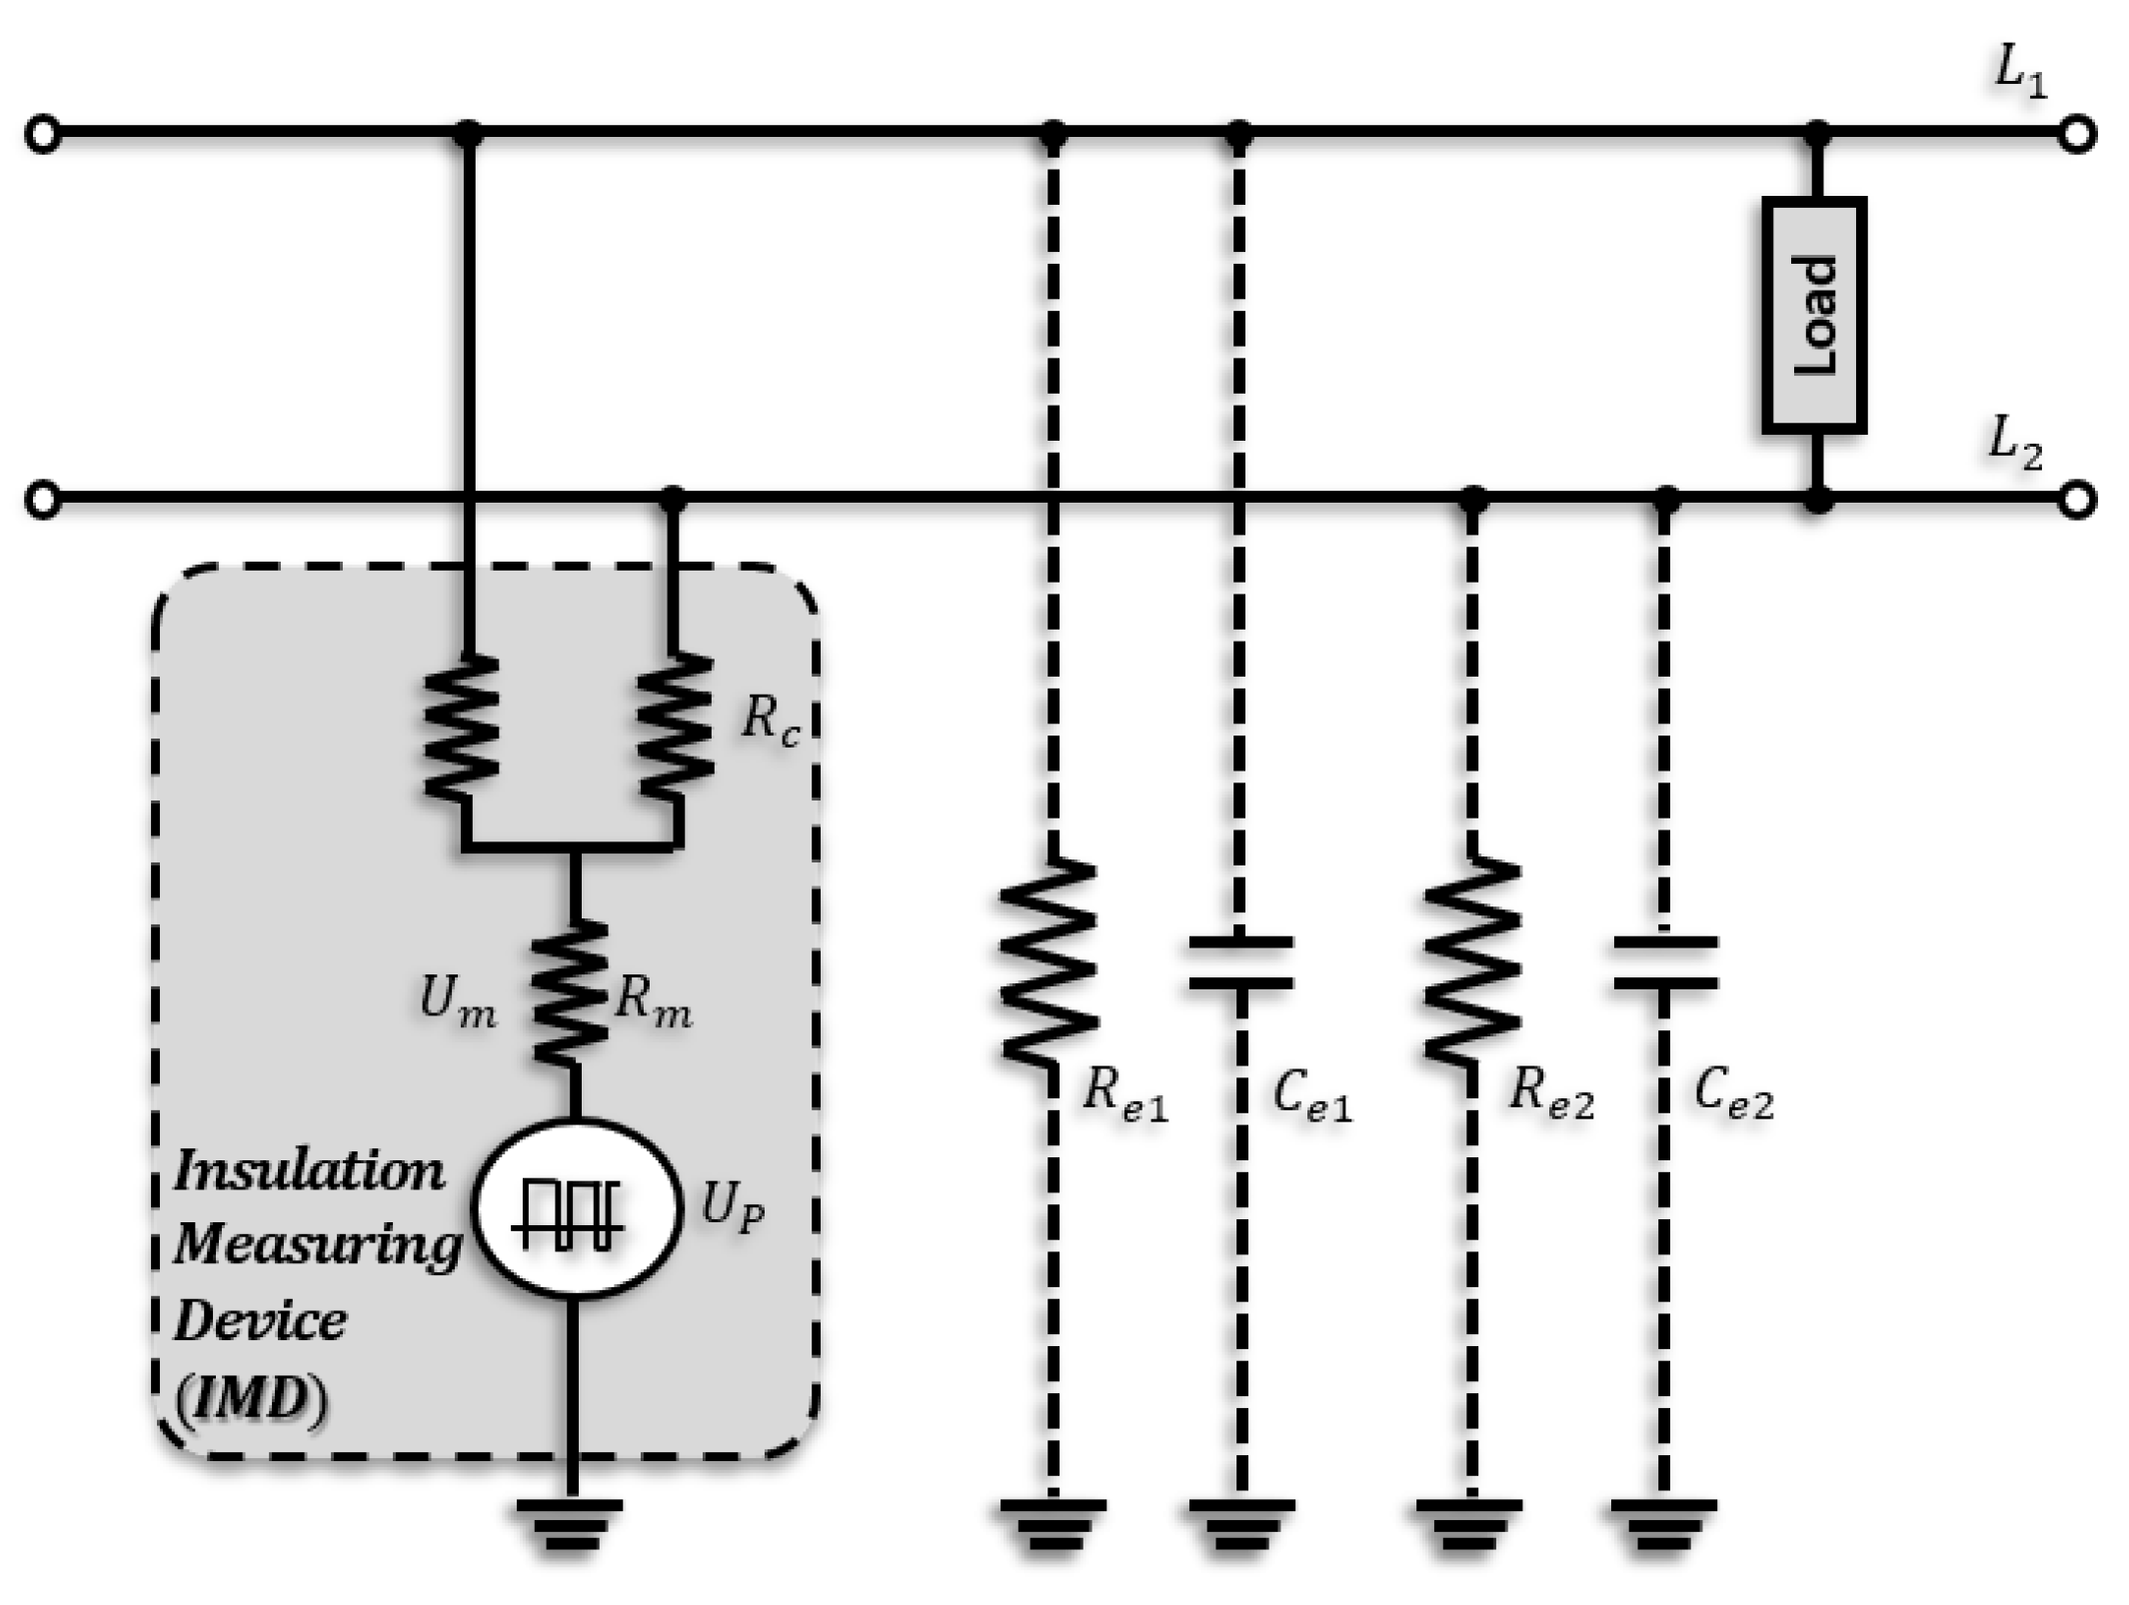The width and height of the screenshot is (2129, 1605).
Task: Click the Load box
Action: [x=1813, y=315]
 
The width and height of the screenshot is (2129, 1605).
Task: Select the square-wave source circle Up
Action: [x=576, y=1209]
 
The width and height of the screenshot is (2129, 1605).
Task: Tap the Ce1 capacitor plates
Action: [x=1240, y=963]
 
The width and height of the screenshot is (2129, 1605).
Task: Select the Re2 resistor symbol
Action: [x=1471, y=961]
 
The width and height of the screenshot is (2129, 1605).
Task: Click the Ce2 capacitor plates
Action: [x=1664, y=963]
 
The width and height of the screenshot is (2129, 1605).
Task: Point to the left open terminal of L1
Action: [x=43, y=134]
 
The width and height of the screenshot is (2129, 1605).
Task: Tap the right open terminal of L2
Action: [x=2077, y=499]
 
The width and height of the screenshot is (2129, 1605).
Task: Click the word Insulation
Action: [x=310, y=1172]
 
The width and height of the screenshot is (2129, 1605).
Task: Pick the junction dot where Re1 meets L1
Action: [x=1053, y=133]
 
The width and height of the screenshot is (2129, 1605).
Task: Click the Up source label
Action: [x=733, y=1207]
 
